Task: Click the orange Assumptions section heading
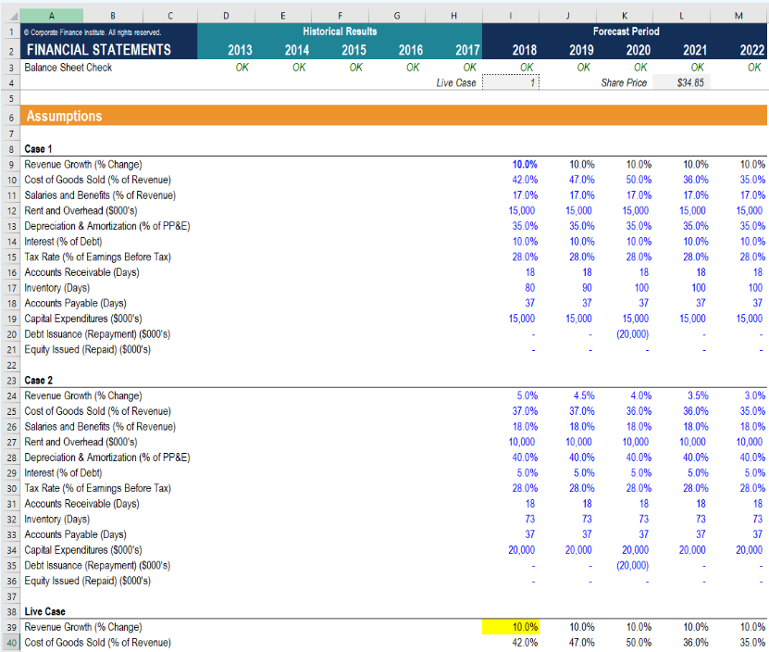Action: tap(65, 117)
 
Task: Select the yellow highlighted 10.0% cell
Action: tap(511, 627)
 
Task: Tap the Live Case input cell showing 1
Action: tap(511, 82)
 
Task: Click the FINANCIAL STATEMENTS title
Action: tap(98, 50)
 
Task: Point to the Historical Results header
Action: tap(340, 31)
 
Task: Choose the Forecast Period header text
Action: tap(626, 31)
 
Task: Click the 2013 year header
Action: tap(239, 50)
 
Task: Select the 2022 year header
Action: tap(751, 50)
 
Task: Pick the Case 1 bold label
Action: tap(39, 148)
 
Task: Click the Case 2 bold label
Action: tap(39, 380)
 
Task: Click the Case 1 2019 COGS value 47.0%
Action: tap(580, 180)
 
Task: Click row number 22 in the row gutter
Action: tap(9, 365)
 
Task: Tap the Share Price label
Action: tap(625, 82)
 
